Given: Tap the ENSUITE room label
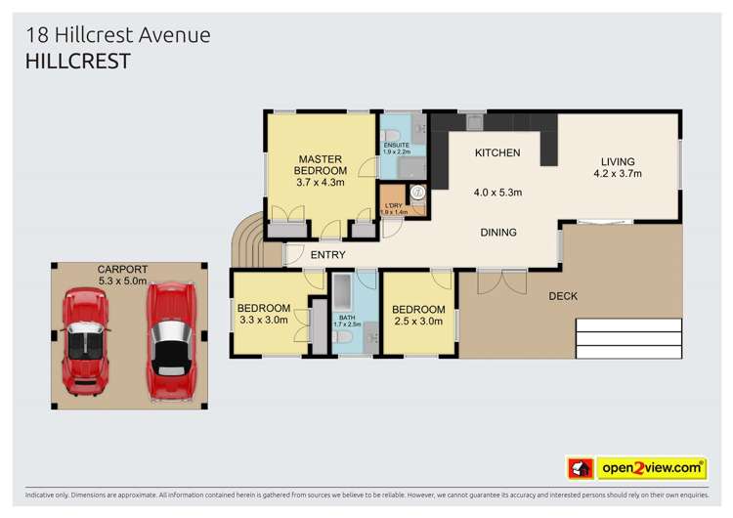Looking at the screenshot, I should point(397,145).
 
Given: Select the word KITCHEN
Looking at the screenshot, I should point(497,153).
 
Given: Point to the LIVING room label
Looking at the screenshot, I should point(618,161).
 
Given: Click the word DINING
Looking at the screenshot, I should point(497,233).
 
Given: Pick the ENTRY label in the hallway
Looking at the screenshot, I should point(327,255).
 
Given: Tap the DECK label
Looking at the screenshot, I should point(562,295).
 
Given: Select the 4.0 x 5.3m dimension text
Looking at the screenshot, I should point(497,193).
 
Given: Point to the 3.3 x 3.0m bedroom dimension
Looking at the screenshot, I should point(264,320).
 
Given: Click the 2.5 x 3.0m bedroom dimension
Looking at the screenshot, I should point(418,323).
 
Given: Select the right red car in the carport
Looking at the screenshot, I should point(172,342).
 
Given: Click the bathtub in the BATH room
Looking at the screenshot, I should point(343,294).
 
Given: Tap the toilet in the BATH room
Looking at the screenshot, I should point(342,337).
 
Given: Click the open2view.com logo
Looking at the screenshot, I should point(651,468).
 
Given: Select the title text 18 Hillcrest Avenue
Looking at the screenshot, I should point(117,35).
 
